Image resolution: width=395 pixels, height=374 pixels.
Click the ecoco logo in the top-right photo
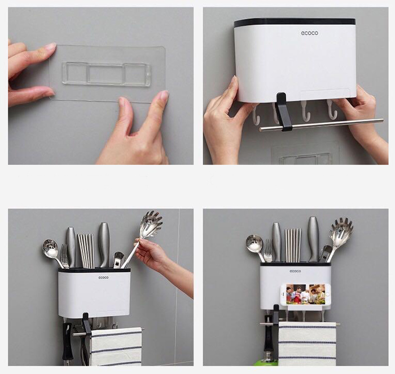[x=310, y=33]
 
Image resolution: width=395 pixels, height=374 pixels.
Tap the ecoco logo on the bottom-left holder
[x=103, y=278]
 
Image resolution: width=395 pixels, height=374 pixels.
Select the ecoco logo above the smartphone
[x=295, y=271]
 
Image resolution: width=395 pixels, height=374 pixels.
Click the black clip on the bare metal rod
[x=283, y=112]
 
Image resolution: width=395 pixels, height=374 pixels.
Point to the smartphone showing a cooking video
[x=305, y=294]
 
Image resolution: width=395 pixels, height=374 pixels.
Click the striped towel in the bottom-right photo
[x=308, y=344]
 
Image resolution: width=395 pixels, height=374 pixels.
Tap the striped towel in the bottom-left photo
[x=116, y=346]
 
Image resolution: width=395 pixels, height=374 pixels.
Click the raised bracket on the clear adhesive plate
[x=107, y=74]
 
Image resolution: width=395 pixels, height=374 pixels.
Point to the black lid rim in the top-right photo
[x=295, y=23]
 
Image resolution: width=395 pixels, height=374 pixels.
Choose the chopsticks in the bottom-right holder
[x=293, y=245]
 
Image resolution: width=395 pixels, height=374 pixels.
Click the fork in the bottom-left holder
[x=65, y=256]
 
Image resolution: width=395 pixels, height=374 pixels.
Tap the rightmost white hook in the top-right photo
[x=332, y=110]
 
